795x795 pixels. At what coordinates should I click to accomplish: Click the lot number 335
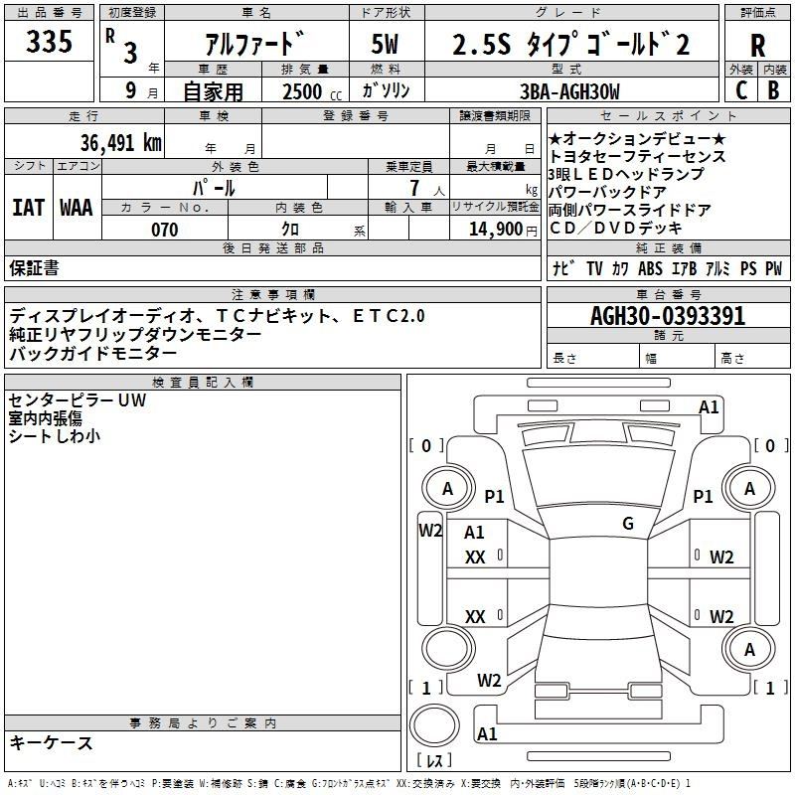pos(49,41)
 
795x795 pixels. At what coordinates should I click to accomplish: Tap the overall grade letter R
pos(757,46)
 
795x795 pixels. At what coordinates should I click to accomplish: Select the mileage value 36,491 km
pos(120,142)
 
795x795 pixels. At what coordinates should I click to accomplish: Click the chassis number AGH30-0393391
pos(668,316)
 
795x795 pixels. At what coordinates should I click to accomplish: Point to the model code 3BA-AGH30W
pos(569,91)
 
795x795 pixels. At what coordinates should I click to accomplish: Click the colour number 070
pos(165,230)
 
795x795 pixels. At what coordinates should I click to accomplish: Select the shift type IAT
pos(28,208)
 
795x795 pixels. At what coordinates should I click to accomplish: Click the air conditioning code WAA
pos(77,208)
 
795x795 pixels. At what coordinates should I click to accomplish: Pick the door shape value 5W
pos(385,44)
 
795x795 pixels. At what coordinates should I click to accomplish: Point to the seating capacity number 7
pos(414,188)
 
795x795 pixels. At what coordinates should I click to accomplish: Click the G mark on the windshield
pos(628,524)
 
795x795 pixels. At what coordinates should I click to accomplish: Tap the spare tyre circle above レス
pos(434,725)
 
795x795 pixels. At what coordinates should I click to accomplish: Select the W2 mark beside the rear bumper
pos(489,681)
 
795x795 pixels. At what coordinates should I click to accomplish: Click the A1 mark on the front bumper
pos(709,407)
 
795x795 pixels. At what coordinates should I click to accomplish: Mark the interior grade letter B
pos(774,90)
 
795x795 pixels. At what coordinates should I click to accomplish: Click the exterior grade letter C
pos(741,90)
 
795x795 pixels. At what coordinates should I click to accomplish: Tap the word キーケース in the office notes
pos(52,743)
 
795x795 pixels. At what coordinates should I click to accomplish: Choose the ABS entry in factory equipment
pos(650,268)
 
